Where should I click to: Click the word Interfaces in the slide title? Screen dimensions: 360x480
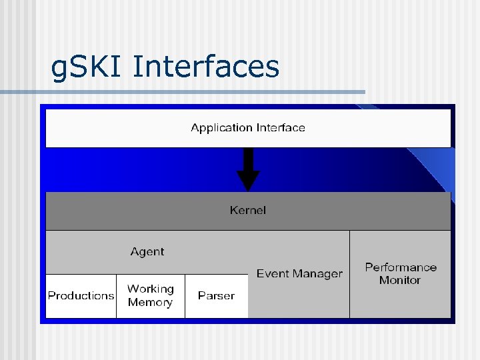click(x=206, y=67)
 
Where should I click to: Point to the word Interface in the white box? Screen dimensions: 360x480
click(x=281, y=127)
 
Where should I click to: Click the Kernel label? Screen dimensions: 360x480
click(x=248, y=210)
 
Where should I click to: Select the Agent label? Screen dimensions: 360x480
click(x=147, y=251)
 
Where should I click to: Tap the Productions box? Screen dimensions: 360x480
click(x=81, y=295)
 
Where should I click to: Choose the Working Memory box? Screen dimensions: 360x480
click(x=151, y=295)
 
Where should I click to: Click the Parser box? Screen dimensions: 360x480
click(x=216, y=295)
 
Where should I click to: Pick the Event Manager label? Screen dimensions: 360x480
click(x=299, y=273)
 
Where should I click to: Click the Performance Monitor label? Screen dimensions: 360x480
click(x=401, y=273)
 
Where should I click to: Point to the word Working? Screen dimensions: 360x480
click(x=151, y=289)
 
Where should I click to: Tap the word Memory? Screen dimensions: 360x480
click(x=151, y=302)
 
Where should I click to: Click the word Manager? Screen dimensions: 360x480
click(x=317, y=273)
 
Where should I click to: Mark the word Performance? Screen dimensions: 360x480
click(x=401, y=267)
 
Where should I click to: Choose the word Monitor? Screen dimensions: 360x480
click(x=400, y=280)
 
